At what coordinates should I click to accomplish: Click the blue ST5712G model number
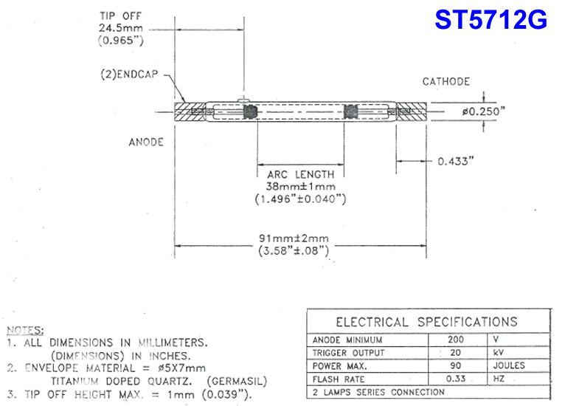click(491, 20)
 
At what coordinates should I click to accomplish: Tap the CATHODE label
click(446, 81)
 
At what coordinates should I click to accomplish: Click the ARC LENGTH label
click(300, 174)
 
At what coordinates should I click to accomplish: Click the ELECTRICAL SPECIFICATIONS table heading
click(426, 322)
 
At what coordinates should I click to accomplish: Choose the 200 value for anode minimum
click(456, 340)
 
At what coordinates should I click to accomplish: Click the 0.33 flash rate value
click(456, 379)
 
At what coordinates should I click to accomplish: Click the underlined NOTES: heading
click(25, 330)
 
